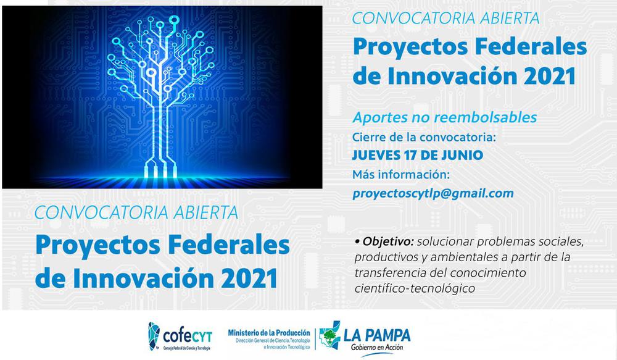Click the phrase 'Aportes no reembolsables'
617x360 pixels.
coord(444,117)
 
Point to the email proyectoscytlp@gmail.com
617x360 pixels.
coord(433,193)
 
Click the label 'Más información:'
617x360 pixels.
coord(402,174)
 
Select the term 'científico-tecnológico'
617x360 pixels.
coord(414,288)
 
